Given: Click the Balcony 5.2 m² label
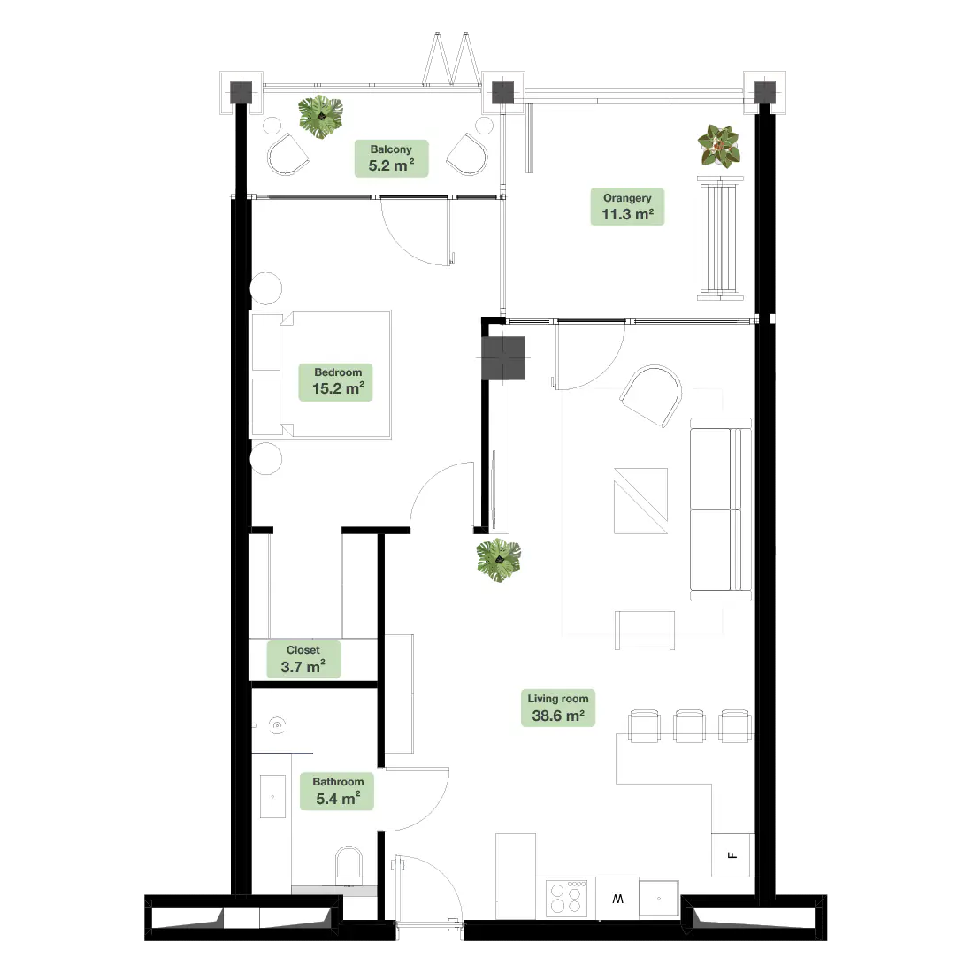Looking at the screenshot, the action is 391,158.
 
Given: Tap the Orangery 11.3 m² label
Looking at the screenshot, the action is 627,207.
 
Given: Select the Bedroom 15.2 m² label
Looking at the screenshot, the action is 336,381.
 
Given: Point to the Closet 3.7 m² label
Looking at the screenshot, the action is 303,659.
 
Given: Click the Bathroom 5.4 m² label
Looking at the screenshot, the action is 337,791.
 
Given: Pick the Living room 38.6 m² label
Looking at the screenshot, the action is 558,708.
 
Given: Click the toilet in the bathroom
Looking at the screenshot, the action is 349,866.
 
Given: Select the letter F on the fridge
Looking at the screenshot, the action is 732,855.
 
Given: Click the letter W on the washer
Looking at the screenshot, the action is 617,899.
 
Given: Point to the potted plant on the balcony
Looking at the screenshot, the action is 320,116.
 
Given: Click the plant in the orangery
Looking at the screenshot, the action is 718,146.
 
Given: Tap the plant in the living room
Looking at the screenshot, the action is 498,560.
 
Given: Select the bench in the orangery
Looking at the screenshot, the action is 720,238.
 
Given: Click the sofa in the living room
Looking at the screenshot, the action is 721,509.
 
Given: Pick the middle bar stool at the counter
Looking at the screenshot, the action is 689,725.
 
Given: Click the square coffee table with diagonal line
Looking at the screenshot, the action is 641,501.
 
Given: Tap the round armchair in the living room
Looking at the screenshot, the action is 651,396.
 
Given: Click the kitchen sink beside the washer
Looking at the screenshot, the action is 659,898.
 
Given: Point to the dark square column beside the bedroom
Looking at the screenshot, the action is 503,358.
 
